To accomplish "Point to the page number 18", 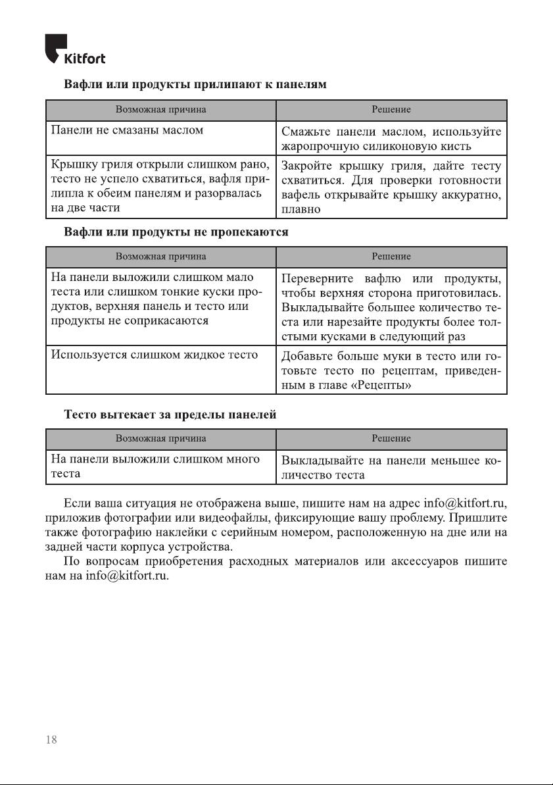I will pos(51,740).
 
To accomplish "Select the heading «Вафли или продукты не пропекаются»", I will pos(176,232).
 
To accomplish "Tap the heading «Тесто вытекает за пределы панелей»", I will pos(169,415).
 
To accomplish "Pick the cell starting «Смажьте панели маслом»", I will pos(391,138).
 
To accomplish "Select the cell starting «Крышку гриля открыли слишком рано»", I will pos(160,185).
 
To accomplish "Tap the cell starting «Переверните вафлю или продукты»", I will pos(391,305).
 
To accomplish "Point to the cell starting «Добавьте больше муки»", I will pos(391,371).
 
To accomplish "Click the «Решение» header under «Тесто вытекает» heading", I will pos(391,438).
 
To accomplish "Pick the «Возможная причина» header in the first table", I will pos(161,109).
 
